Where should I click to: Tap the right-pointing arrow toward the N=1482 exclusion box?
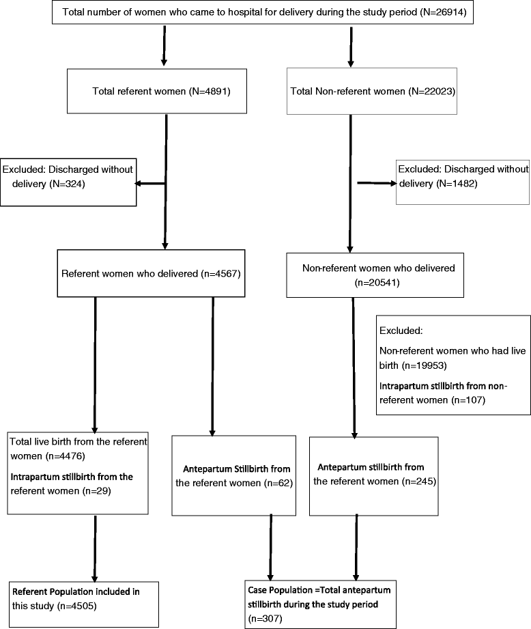click(375, 183)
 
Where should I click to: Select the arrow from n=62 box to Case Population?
click(272, 555)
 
